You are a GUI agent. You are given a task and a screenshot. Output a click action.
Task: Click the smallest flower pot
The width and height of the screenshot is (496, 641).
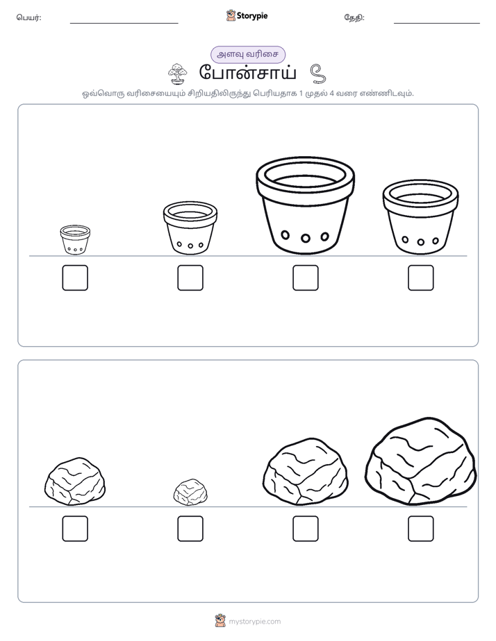click(x=75, y=239)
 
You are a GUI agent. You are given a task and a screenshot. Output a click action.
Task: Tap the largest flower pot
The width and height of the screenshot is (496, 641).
click(x=305, y=205)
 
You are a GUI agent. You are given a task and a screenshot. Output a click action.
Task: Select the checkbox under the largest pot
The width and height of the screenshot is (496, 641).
click(x=305, y=277)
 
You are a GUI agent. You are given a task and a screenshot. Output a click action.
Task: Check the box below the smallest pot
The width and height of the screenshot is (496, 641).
click(x=75, y=277)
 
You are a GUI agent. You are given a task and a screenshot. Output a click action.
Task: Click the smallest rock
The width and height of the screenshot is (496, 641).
click(x=190, y=493)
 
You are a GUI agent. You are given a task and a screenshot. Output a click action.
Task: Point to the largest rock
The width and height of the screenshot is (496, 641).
click(x=421, y=461)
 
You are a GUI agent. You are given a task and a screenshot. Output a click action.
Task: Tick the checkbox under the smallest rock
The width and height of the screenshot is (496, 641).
click(x=190, y=529)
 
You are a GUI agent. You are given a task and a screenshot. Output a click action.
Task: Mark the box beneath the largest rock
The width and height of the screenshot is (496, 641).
click(x=421, y=529)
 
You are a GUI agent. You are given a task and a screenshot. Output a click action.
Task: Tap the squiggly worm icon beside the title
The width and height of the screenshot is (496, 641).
click(x=317, y=74)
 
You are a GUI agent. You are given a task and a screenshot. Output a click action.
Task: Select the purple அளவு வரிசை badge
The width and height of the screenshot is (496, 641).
click(x=248, y=55)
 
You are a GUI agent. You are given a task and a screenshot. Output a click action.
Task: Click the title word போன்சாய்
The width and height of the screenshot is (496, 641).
click(x=248, y=73)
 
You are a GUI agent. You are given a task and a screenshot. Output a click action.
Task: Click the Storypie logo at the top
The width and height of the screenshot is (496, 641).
click(x=247, y=15)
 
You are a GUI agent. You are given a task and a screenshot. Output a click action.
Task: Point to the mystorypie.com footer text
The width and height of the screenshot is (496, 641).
click(x=254, y=622)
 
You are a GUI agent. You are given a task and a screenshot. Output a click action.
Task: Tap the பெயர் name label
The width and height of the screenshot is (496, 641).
click(x=28, y=17)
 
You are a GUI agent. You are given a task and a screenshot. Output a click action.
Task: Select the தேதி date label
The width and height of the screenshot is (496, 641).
click(x=354, y=17)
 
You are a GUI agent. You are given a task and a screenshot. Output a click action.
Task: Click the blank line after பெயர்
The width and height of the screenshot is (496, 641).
click(x=124, y=24)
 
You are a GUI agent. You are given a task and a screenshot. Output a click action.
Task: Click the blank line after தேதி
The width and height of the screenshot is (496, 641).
click(x=437, y=24)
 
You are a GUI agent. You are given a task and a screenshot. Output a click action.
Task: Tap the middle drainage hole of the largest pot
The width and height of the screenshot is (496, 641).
click(x=305, y=238)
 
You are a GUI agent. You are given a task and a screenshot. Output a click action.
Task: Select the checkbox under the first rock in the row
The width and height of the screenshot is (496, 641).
click(x=75, y=529)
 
